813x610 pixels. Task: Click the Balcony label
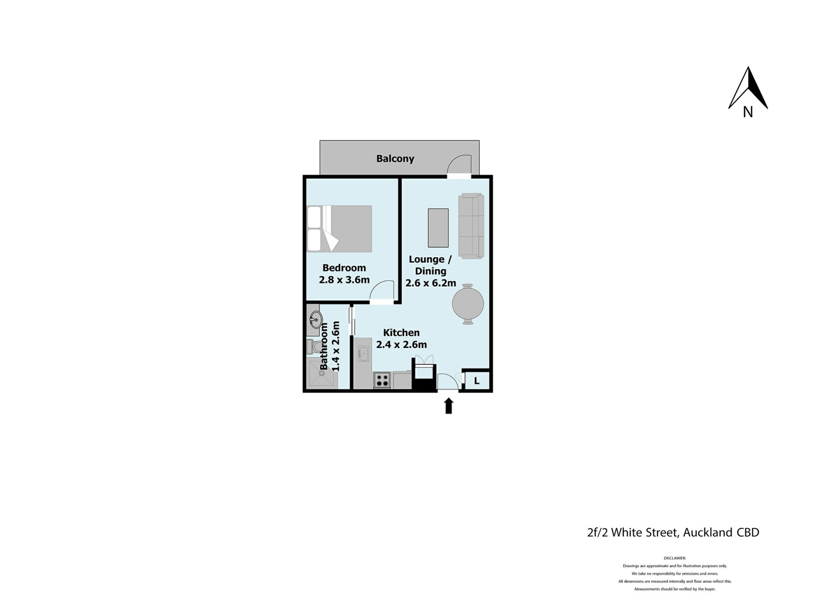395,158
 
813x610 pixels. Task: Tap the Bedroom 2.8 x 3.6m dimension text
344,280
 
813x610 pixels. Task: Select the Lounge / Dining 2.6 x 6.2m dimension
431,283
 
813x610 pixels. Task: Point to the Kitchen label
401,333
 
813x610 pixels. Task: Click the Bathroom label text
324,346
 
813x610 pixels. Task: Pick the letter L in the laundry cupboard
477,381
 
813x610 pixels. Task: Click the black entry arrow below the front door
449,405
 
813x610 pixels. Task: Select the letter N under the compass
748,112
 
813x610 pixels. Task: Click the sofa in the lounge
471,226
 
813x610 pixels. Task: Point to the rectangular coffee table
438,227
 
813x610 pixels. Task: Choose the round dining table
468,304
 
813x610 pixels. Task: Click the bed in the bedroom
340,229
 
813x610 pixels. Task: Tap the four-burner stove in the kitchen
382,380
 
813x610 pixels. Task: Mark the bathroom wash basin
316,319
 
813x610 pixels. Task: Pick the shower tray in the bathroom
323,374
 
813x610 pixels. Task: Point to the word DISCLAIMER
675,558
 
